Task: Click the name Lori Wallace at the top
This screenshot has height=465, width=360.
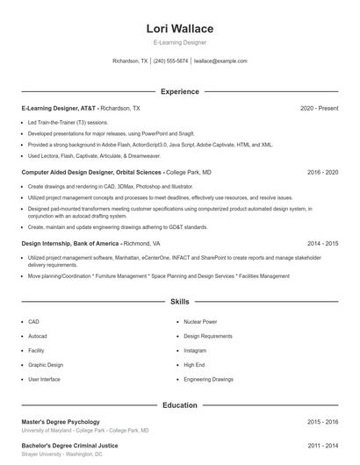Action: point(179,28)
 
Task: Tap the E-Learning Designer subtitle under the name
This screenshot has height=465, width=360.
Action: point(179,42)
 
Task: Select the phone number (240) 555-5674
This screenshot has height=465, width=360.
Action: point(171,61)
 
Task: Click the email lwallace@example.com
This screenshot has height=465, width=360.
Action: point(220,61)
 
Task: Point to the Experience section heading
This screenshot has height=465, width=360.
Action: point(179,91)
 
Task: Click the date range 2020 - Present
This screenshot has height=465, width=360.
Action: point(319,108)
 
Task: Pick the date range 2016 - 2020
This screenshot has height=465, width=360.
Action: point(322,173)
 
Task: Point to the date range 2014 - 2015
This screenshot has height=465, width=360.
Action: point(322,243)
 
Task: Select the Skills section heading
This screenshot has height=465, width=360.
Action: point(179,301)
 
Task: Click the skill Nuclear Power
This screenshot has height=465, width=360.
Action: point(200,322)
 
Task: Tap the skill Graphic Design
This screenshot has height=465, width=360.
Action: point(46,365)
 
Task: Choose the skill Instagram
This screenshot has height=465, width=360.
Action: point(194,351)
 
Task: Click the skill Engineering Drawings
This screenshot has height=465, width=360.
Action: point(209,379)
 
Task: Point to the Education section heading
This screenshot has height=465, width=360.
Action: point(179,405)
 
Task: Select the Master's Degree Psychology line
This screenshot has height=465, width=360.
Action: point(61,422)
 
